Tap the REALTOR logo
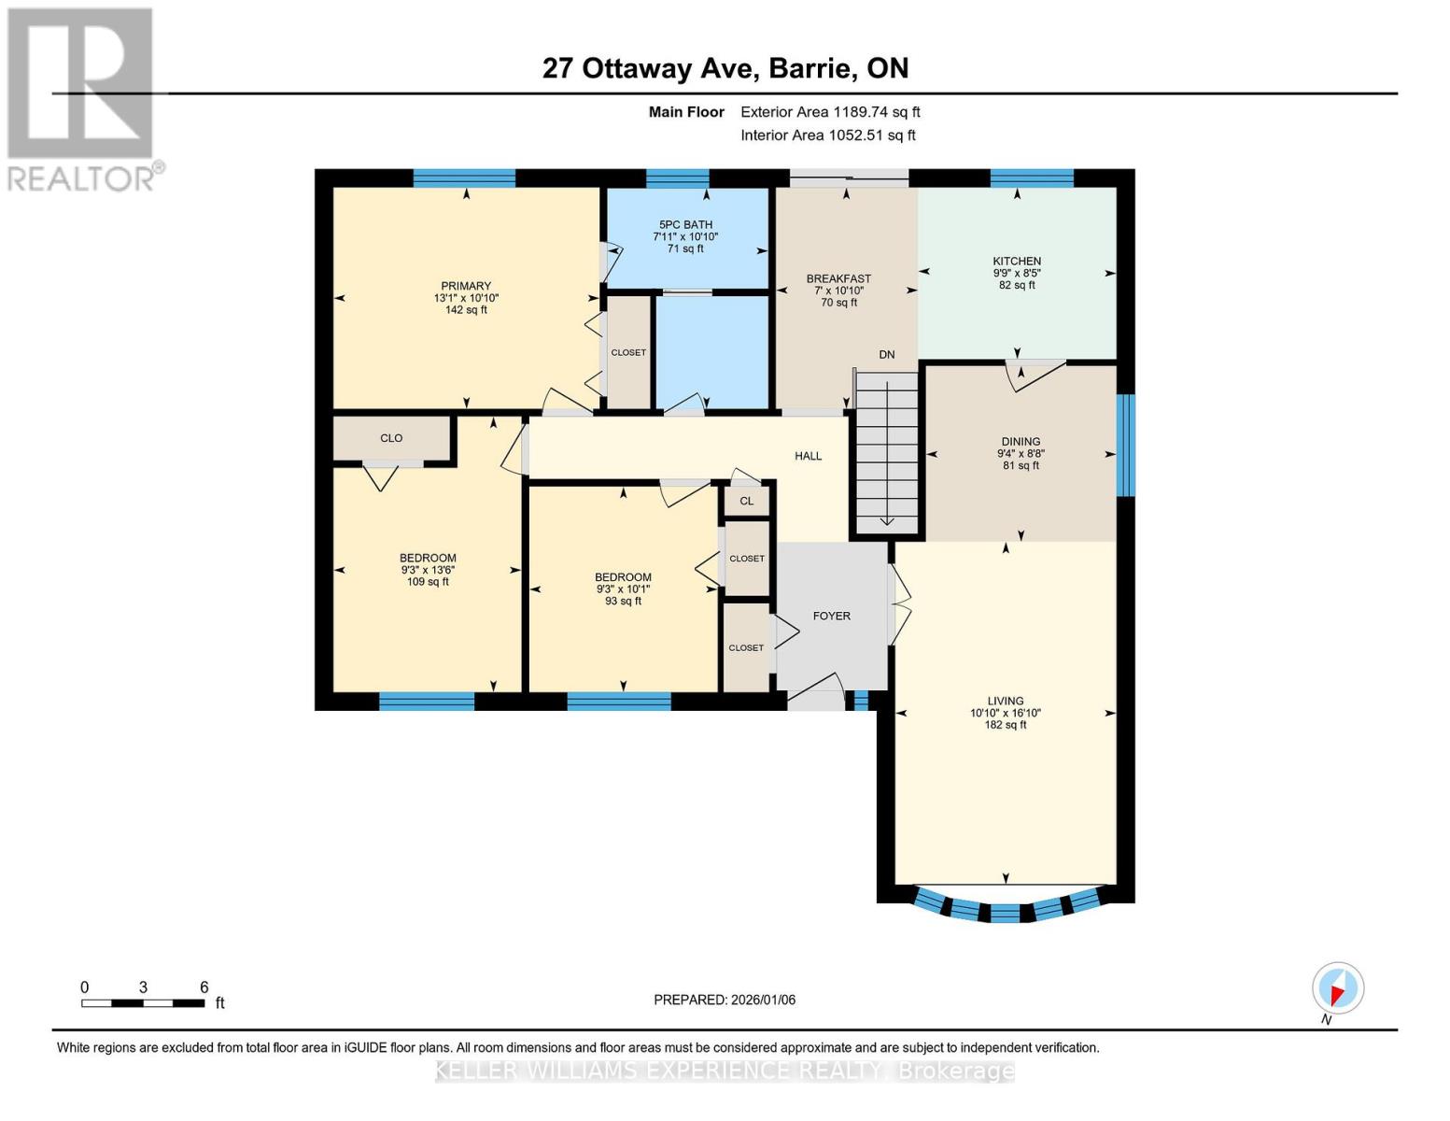81,98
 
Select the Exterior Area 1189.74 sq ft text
830,112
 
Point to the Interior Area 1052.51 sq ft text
827,135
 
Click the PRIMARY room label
466,287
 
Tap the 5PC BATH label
685,225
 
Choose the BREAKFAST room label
838,278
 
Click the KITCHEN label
1017,262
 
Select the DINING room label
1021,442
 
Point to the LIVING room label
1006,701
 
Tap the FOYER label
831,616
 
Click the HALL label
808,456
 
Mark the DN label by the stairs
886,355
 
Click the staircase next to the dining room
886,453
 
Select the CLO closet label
391,438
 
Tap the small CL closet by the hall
746,501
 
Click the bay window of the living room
1006,908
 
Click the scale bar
143,1003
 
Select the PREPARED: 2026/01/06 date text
725,1000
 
